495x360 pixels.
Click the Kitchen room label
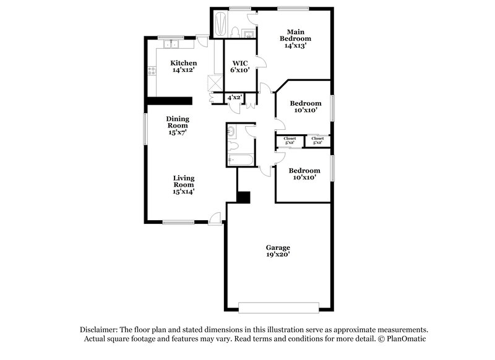tap(184, 63)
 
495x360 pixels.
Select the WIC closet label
tap(240, 63)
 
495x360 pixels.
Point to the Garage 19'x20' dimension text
tap(278, 254)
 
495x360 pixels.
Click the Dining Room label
tap(178, 122)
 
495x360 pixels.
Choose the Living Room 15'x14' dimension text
tap(184, 192)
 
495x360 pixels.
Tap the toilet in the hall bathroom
tap(233, 147)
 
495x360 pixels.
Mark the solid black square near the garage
tap(243, 197)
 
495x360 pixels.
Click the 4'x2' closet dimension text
tap(234, 98)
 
